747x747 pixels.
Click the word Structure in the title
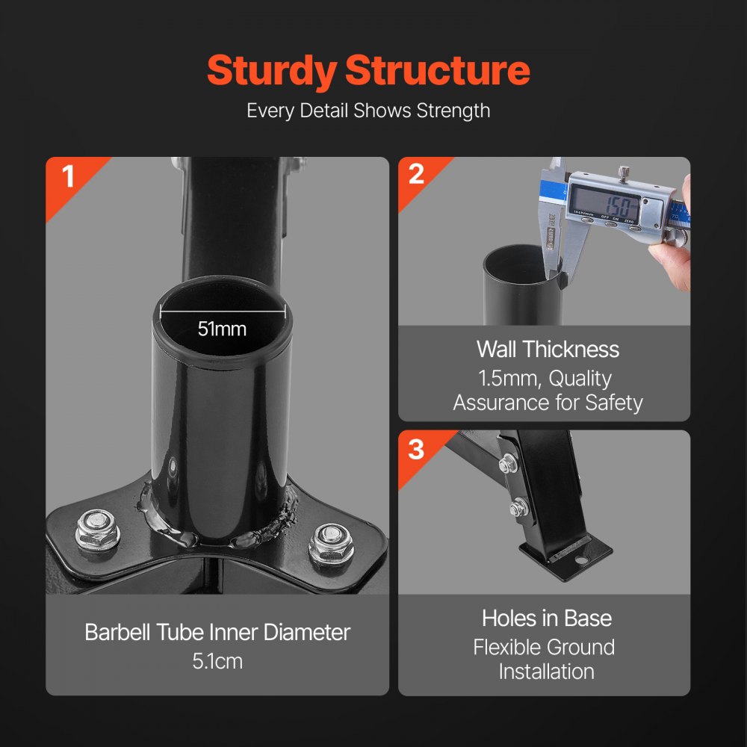[438, 71]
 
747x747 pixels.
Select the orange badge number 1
[68, 178]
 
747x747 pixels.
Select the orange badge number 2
[416, 174]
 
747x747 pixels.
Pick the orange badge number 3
[416, 450]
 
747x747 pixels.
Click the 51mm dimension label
[222, 328]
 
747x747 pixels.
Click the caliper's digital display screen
[605, 202]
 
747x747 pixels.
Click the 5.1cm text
[217, 661]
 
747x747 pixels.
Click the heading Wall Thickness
[548, 350]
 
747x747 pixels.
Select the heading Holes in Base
[547, 619]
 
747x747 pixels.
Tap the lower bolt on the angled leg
[517, 509]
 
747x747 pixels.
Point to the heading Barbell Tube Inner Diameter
[217, 633]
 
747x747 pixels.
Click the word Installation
[546, 671]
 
